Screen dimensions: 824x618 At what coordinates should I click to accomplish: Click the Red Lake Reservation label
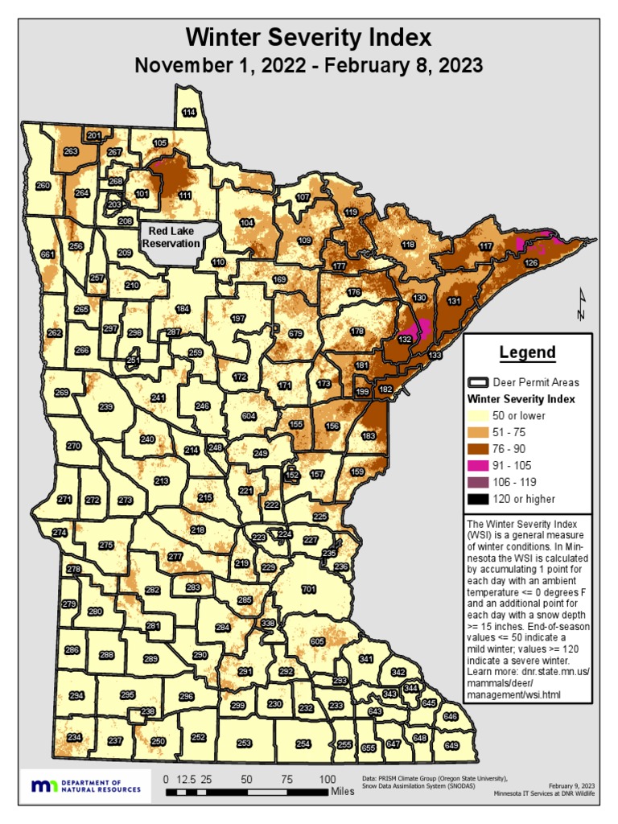(x=170, y=237)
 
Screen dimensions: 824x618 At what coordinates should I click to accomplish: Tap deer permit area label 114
(x=188, y=113)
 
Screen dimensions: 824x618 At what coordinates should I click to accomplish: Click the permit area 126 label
(x=531, y=263)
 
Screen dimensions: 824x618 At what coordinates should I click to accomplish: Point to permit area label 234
(x=74, y=737)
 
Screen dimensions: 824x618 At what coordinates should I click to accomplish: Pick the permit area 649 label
(x=451, y=746)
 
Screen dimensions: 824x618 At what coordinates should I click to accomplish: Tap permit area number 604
(x=249, y=416)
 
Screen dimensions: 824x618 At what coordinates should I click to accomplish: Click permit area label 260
(x=43, y=186)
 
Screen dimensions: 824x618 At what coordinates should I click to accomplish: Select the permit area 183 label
(x=369, y=435)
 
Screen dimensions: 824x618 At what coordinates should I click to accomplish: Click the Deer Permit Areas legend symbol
(x=479, y=382)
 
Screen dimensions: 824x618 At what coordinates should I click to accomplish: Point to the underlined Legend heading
(x=527, y=352)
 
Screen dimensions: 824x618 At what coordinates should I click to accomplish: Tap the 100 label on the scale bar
(x=328, y=779)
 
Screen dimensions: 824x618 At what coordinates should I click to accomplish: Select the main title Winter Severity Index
(x=308, y=38)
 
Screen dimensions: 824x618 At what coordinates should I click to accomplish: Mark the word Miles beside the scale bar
(x=342, y=792)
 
